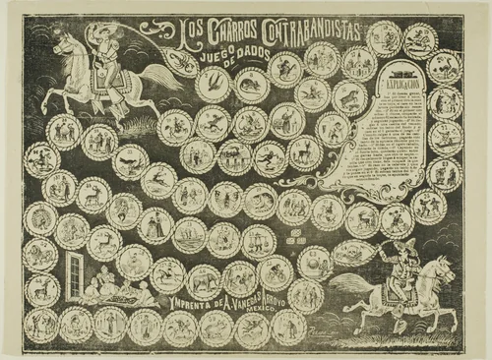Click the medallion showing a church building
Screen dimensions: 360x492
[235, 156]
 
